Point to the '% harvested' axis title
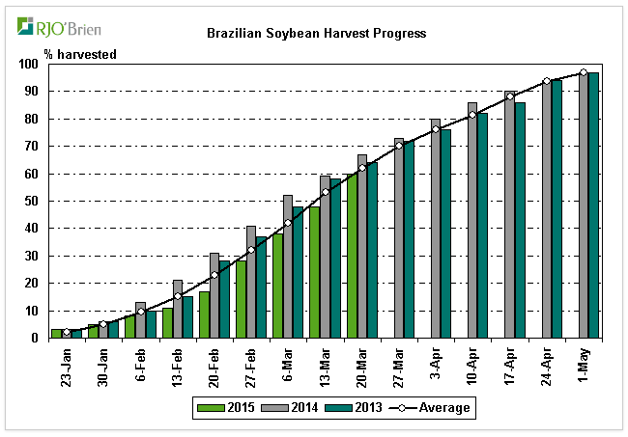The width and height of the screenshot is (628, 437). click(x=80, y=54)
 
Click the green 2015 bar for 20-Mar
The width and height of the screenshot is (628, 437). click(x=351, y=256)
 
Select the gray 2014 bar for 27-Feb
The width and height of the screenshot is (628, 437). click(x=251, y=282)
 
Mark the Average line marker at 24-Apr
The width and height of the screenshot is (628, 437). click(x=546, y=81)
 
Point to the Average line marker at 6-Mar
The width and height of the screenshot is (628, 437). click(x=287, y=223)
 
